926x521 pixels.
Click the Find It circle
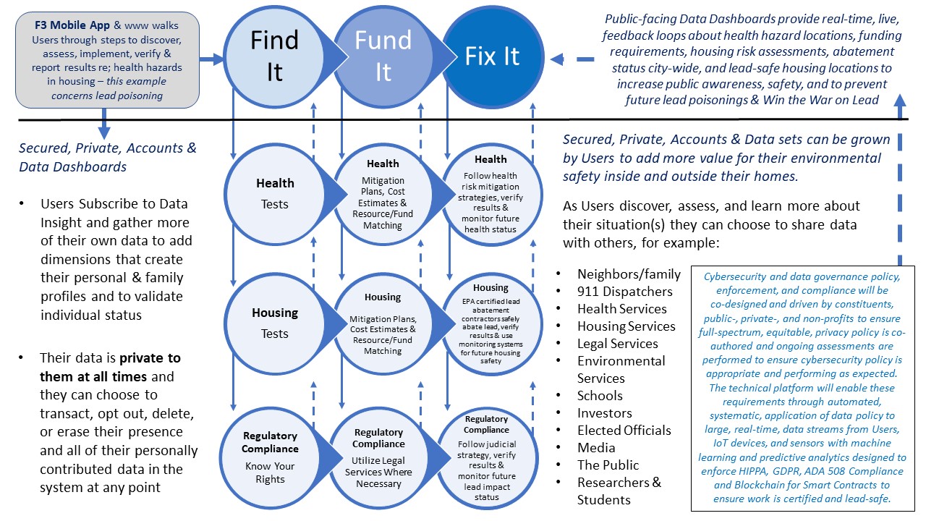click(x=274, y=56)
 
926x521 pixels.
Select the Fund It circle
click(x=382, y=56)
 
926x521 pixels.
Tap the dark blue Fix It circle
click(x=492, y=56)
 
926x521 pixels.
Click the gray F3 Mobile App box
click(x=107, y=59)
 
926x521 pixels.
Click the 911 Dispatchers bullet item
click(x=624, y=292)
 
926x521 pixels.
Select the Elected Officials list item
click(x=624, y=431)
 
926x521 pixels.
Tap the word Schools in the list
click(x=600, y=396)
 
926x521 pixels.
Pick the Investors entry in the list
click(x=604, y=413)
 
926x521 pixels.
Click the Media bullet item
click(x=596, y=448)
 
